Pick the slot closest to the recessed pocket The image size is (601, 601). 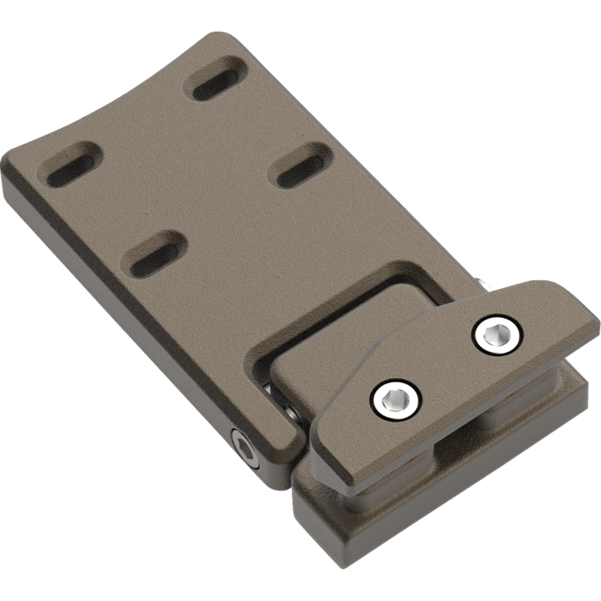coord(155,253)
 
